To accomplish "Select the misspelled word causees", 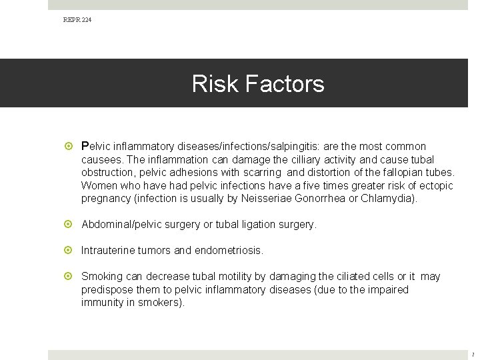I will pyautogui.click(x=102, y=159).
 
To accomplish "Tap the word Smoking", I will pyautogui.click(x=101, y=277).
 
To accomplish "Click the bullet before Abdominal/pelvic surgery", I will pyautogui.click(x=71, y=225).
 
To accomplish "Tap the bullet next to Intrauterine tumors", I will pyautogui.click(x=71, y=251).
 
